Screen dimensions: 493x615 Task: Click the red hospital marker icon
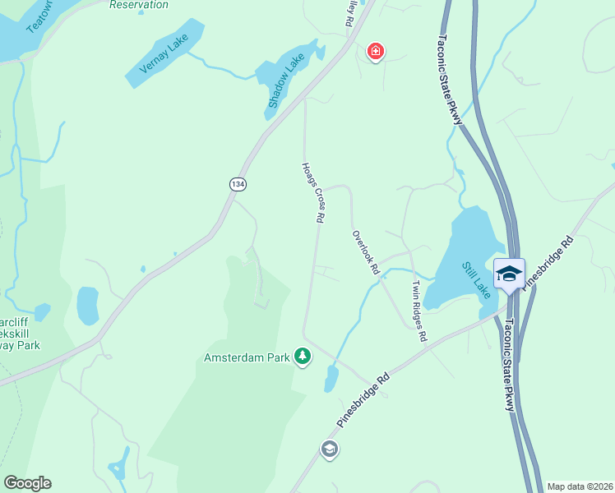(376, 52)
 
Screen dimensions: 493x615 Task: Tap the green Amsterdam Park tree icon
(303, 357)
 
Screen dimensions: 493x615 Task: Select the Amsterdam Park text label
(248, 357)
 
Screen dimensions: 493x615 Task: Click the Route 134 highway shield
(238, 185)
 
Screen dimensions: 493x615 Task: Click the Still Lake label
(476, 280)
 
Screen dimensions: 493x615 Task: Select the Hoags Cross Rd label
(312, 192)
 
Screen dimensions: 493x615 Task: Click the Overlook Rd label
(366, 251)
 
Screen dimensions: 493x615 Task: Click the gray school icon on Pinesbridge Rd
(330, 449)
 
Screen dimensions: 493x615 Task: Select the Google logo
(27, 483)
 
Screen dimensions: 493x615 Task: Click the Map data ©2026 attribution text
(580, 486)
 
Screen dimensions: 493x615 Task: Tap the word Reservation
(139, 5)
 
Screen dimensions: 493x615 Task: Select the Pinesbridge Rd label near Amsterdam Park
(362, 402)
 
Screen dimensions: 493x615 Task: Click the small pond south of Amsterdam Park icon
(331, 379)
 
